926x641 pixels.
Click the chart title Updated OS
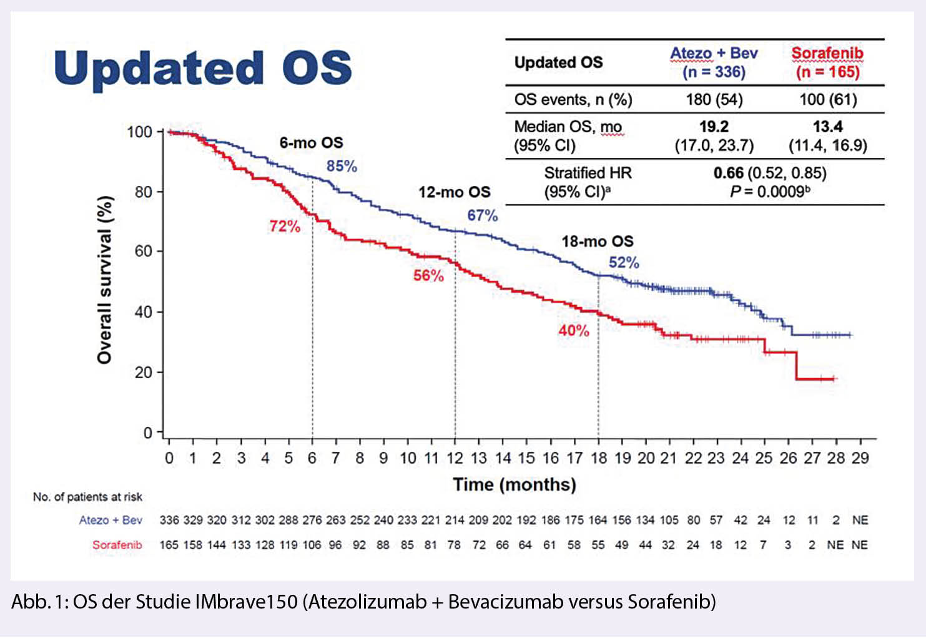[x=203, y=68]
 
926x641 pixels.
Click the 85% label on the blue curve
[x=342, y=166]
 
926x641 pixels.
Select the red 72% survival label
[x=285, y=227]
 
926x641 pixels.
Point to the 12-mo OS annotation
[x=455, y=192]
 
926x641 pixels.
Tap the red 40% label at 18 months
[x=573, y=330]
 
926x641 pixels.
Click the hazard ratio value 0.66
[x=728, y=173]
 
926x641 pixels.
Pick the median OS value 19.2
[x=714, y=127]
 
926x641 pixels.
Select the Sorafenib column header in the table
[x=827, y=62]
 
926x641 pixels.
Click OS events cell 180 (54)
[x=714, y=100]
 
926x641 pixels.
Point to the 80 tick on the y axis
[x=144, y=192]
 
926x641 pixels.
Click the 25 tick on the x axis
[x=764, y=458]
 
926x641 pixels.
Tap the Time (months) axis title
[x=515, y=484]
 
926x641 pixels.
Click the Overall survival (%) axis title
[x=104, y=279]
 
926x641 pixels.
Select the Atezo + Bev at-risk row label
[x=111, y=520]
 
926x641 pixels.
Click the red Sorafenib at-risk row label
[x=117, y=545]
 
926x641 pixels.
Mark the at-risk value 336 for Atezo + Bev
[x=169, y=520]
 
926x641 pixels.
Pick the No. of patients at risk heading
[x=87, y=497]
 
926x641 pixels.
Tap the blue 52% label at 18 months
[x=624, y=263]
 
